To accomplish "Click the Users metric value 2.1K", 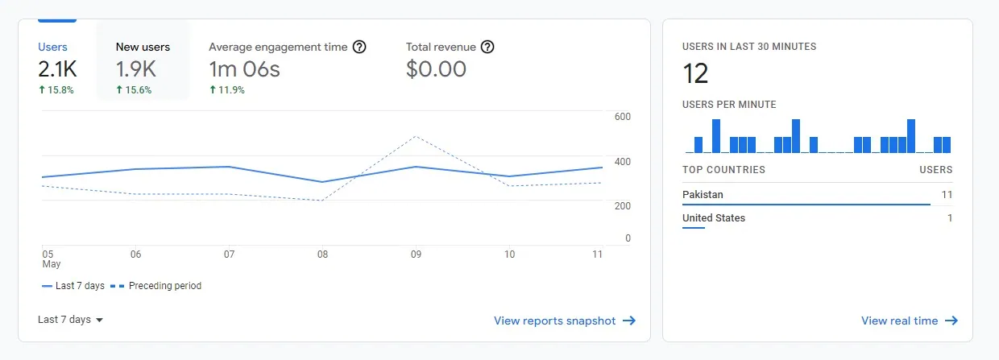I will pos(56,69).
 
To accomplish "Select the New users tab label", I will pos(143,48).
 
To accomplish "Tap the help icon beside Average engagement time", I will pos(359,48).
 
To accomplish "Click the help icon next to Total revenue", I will pos(487,48).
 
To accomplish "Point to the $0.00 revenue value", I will pos(436,69).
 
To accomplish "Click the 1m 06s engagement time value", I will pos(244,69).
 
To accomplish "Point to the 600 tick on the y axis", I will pos(622,118).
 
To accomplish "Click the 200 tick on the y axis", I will pos(622,206).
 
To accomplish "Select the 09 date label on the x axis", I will pos(416,254).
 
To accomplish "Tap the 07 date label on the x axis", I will pos(229,254).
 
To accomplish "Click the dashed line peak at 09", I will pos(416,137).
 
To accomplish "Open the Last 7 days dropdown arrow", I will pos(100,321).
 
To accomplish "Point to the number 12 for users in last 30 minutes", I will pos(695,74).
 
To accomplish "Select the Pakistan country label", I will pos(703,195).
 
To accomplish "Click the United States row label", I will pos(714,218).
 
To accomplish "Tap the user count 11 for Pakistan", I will pos(947,195).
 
